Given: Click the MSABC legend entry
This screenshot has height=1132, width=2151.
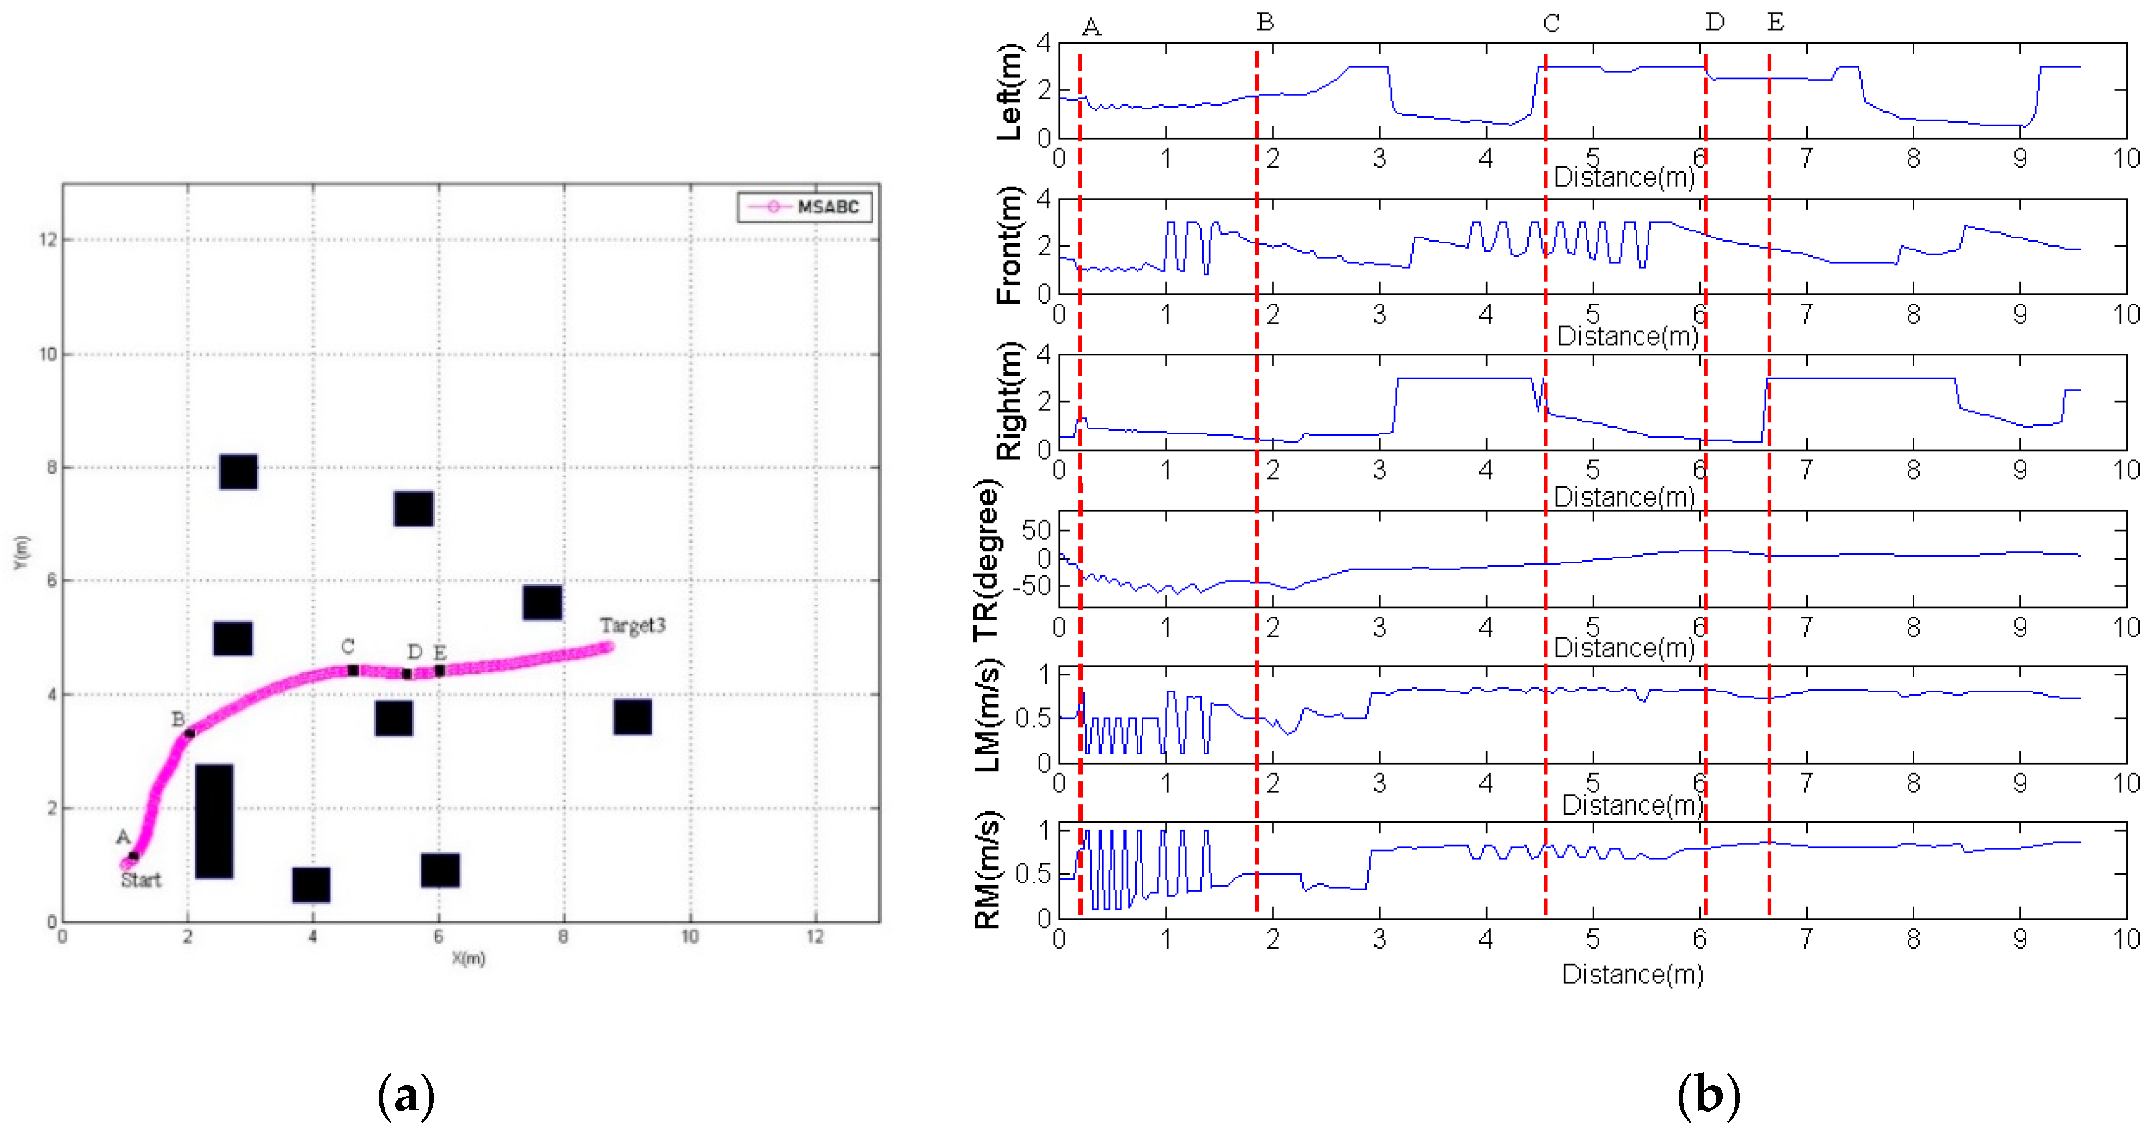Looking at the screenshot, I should [x=804, y=207].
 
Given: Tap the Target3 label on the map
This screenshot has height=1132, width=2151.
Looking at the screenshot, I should [x=632, y=625].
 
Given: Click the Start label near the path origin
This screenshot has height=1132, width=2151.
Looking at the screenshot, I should [x=140, y=879].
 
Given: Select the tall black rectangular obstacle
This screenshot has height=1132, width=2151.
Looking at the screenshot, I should [x=214, y=821].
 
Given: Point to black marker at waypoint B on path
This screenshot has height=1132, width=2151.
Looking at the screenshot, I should [x=190, y=733].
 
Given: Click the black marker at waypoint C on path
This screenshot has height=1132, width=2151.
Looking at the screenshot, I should [x=353, y=670].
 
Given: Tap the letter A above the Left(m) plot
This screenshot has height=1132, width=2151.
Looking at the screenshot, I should [x=1090, y=28].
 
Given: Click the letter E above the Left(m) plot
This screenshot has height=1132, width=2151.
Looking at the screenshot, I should [x=1775, y=23].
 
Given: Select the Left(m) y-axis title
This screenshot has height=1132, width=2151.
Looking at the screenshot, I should [x=1009, y=92].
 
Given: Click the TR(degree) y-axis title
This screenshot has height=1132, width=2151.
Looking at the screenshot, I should [x=985, y=559].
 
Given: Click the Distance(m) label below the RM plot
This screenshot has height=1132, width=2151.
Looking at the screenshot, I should [x=1632, y=975].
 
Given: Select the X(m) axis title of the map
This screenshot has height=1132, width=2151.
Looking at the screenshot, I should [x=469, y=957].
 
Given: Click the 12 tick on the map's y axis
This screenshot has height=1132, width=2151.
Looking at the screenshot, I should [x=47, y=240].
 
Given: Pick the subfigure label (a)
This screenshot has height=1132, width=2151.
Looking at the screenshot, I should [x=406, y=1095].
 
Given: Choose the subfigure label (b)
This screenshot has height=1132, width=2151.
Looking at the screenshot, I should [x=1708, y=1095].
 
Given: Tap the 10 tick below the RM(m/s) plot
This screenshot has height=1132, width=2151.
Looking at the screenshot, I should [x=2125, y=939].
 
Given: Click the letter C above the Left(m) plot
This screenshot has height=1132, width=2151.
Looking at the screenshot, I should [x=1551, y=23].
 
